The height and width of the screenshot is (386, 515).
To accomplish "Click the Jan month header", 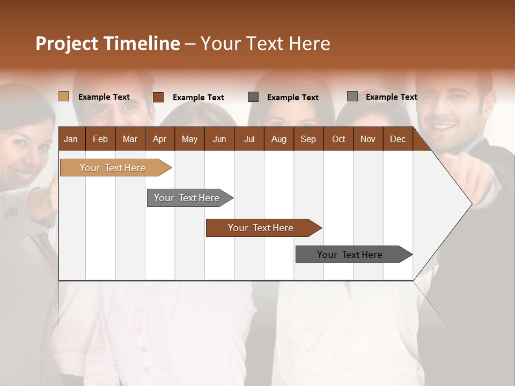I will click(71, 139).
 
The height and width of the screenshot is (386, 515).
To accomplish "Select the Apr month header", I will click(159, 139).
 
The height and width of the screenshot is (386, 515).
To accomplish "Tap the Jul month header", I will click(249, 139).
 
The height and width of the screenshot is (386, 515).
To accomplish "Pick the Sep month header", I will click(308, 139).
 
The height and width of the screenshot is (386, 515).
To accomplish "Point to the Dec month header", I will click(398, 139).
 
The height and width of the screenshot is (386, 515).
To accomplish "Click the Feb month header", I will click(100, 139).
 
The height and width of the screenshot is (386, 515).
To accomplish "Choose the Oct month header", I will click(339, 139).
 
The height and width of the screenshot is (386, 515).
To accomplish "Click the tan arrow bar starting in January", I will click(113, 168).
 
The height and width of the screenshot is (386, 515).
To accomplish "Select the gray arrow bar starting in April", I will click(187, 198).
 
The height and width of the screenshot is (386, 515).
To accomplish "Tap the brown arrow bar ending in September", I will click(261, 228).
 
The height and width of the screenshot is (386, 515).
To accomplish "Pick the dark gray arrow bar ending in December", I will click(350, 255).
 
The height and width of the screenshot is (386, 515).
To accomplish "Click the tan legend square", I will click(64, 96).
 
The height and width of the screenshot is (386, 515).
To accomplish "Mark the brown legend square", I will click(158, 97).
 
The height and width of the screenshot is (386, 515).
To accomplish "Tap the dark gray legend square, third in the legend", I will click(253, 97).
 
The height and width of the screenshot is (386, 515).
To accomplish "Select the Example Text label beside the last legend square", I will click(391, 97).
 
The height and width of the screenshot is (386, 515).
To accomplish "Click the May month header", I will click(189, 139).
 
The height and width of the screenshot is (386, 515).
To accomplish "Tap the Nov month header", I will click(368, 139).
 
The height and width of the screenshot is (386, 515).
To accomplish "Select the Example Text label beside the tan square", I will click(104, 97).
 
